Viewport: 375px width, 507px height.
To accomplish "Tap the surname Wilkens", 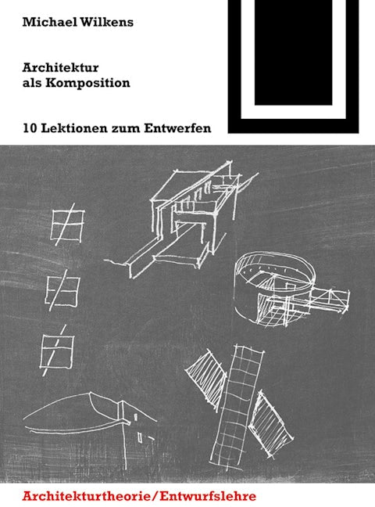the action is pos(106,22).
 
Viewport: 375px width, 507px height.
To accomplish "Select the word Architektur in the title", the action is pos(61,67).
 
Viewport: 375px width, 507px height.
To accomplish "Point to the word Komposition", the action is pos(87,83).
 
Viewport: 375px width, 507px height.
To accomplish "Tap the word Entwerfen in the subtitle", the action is pos(177,128).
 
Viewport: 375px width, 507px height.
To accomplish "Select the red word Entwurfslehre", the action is pos(207,496).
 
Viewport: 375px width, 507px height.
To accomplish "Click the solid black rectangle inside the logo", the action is pos(293,52).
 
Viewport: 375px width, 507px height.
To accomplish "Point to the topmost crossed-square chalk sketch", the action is pos(67,225).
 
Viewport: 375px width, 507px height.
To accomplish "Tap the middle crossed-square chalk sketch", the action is pos(62,291).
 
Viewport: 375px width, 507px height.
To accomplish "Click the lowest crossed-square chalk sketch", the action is pos(57,351).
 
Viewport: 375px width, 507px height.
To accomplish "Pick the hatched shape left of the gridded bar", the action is pos(207,376).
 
